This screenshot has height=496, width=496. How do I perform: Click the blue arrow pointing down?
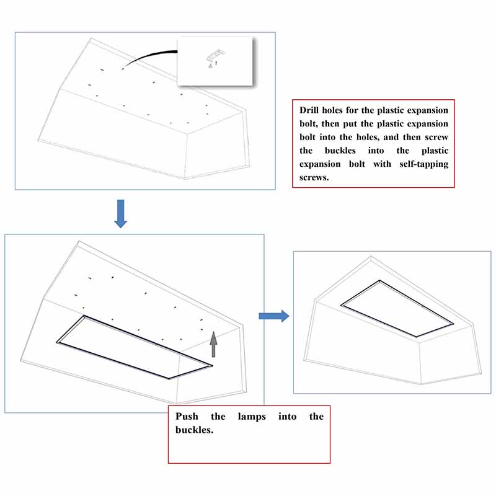click(121, 213)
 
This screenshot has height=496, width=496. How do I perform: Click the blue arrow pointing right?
click(274, 316)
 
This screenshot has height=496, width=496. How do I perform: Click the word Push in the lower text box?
click(187, 417)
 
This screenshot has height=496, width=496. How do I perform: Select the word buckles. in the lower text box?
click(195, 430)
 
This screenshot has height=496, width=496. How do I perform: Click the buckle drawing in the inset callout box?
click(215, 58)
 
